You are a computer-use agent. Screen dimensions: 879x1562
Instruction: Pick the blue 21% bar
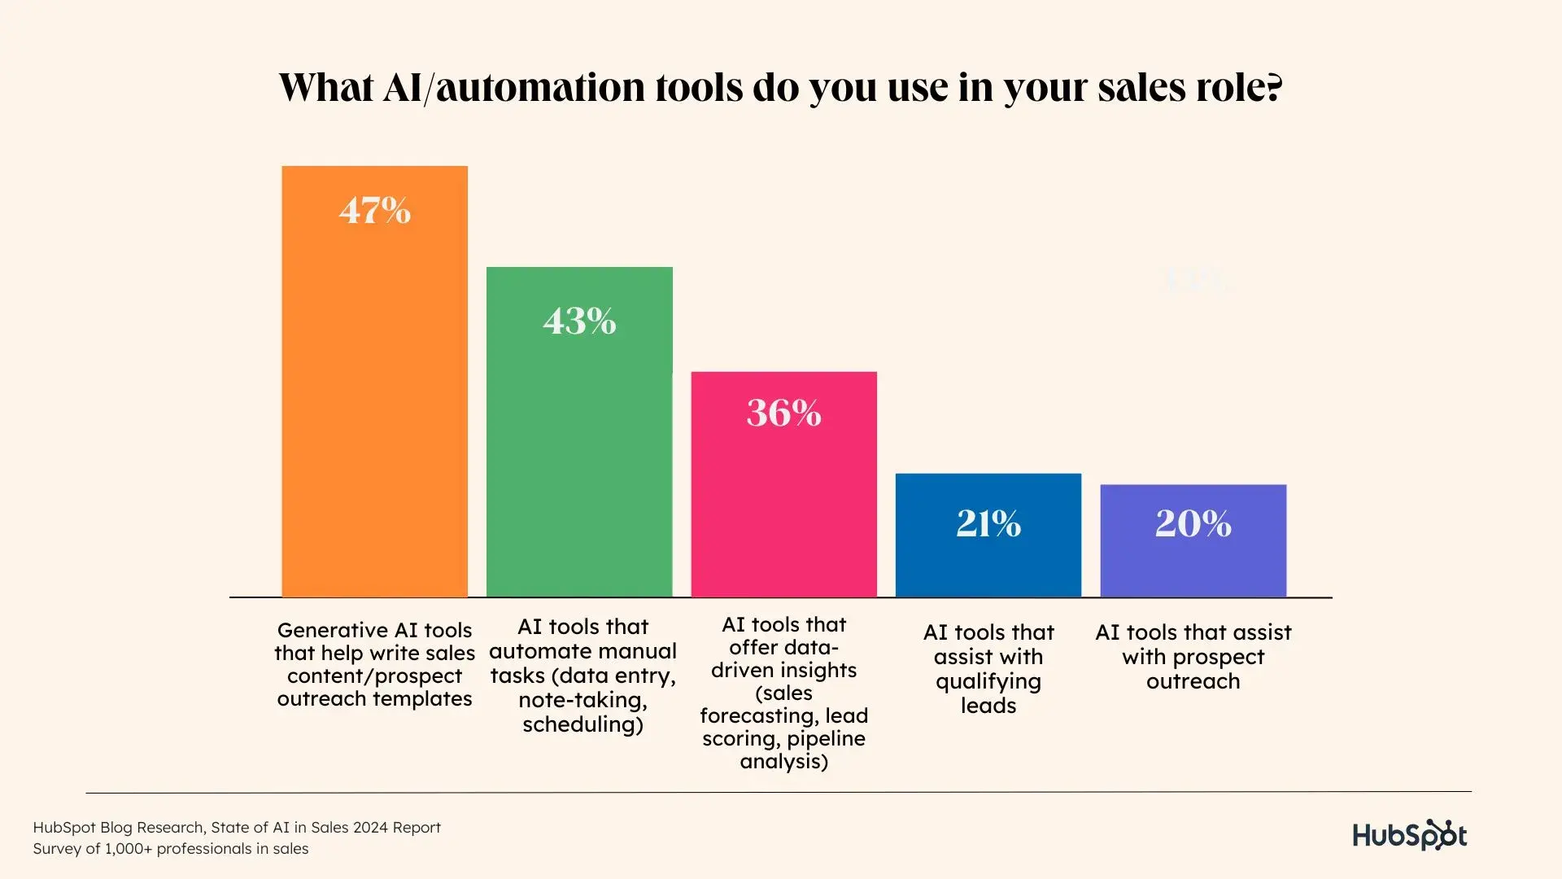pyautogui.click(x=988, y=562)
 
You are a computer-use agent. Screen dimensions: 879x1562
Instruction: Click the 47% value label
pyautogui.click(x=375, y=211)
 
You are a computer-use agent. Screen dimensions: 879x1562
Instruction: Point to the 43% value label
pyautogui.click(x=579, y=321)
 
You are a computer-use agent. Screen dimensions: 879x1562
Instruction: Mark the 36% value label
pyautogui.click(x=783, y=413)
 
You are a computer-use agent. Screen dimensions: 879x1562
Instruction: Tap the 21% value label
pyautogui.click(x=988, y=523)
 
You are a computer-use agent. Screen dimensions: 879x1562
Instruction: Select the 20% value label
pyautogui.click(x=1193, y=523)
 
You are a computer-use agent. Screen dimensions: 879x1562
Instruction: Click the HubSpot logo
pyautogui.click(x=1409, y=835)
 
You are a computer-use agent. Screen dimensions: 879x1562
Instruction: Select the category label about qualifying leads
pyautogui.click(x=988, y=668)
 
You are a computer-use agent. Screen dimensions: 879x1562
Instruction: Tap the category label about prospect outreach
pyautogui.click(x=1193, y=656)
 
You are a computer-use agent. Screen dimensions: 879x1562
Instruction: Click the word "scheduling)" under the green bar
pyautogui.click(x=582, y=724)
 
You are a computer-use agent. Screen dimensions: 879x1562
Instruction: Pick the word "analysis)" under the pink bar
pyautogui.click(x=783, y=762)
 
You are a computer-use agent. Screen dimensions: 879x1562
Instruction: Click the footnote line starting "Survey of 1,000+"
pyautogui.click(x=171, y=849)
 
